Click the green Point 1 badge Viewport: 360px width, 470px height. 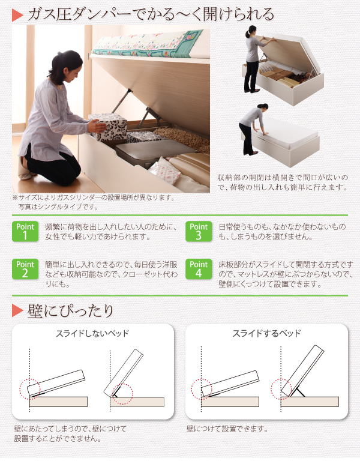tap(25, 231)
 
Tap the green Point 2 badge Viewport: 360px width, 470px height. tap(25, 270)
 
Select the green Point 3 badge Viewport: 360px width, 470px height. tap(199, 231)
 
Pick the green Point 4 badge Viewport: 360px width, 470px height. tap(199, 270)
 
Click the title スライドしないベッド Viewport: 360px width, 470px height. tap(92, 334)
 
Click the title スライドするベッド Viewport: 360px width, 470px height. tap(266, 334)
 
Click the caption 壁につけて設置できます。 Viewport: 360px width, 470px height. tap(227, 429)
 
